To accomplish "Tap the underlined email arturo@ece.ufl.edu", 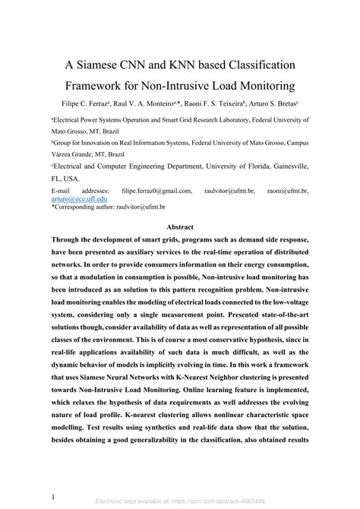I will [81, 199].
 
